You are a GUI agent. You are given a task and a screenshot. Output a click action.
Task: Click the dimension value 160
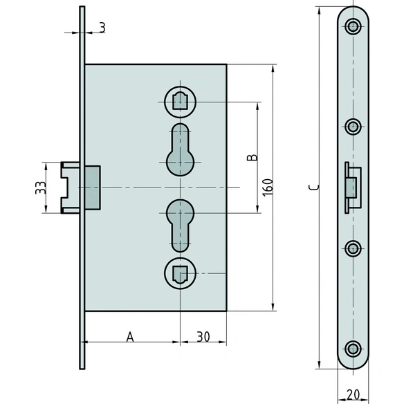coord(268,187)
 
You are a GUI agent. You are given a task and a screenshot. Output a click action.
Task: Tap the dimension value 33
coord(41,187)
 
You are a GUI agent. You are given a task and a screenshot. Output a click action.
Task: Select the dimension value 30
coord(203,337)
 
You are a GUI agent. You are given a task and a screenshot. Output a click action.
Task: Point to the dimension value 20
coord(353,395)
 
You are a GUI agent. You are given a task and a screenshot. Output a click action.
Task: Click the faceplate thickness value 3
coord(102,28)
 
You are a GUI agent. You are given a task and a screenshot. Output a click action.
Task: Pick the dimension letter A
coord(130,337)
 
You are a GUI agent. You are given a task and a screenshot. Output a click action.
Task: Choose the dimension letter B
coord(252,157)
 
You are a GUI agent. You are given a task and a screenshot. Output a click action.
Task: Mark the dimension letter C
coord(314,187)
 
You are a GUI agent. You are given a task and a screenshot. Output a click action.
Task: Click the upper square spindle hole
coord(180,102)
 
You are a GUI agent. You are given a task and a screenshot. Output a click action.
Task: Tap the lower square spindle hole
coord(180,273)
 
